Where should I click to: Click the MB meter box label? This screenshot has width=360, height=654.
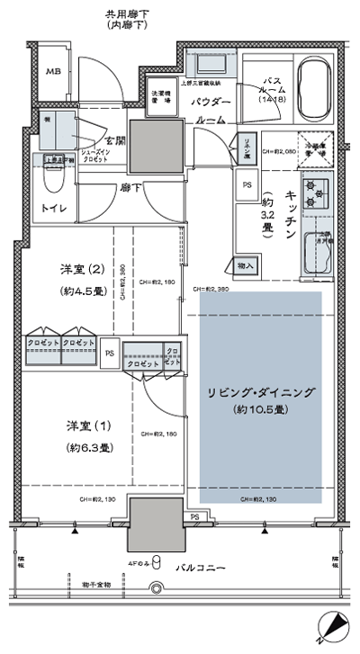54,73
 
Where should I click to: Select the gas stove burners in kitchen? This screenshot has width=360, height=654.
318,192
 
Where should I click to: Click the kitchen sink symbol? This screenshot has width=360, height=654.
318,248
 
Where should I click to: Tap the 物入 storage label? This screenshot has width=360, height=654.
246,266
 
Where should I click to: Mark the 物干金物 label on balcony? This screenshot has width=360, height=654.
95,586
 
